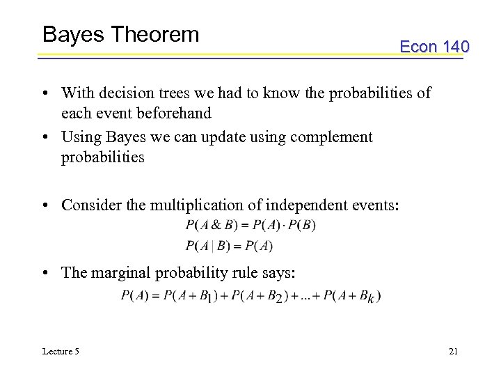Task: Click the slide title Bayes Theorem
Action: tap(120, 35)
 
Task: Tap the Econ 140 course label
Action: tap(434, 47)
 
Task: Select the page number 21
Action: tap(453, 351)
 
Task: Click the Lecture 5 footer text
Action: tap(61, 351)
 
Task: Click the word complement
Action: tap(331, 137)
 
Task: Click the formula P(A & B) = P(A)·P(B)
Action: tap(250, 225)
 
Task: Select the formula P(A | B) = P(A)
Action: tap(229, 246)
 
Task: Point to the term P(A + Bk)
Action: tap(352, 296)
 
